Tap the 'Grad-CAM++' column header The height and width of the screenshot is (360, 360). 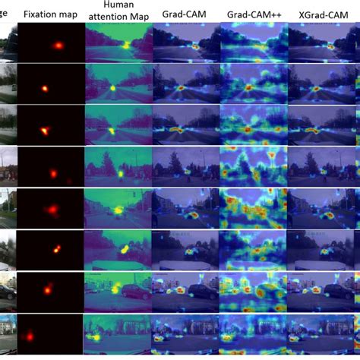tap(251, 14)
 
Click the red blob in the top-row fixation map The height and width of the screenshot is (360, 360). tap(58, 45)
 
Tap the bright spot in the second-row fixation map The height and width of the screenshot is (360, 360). tap(44, 89)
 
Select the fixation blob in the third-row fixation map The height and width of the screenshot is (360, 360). tap(43, 130)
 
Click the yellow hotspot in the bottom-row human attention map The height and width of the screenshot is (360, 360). tap(96, 335)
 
